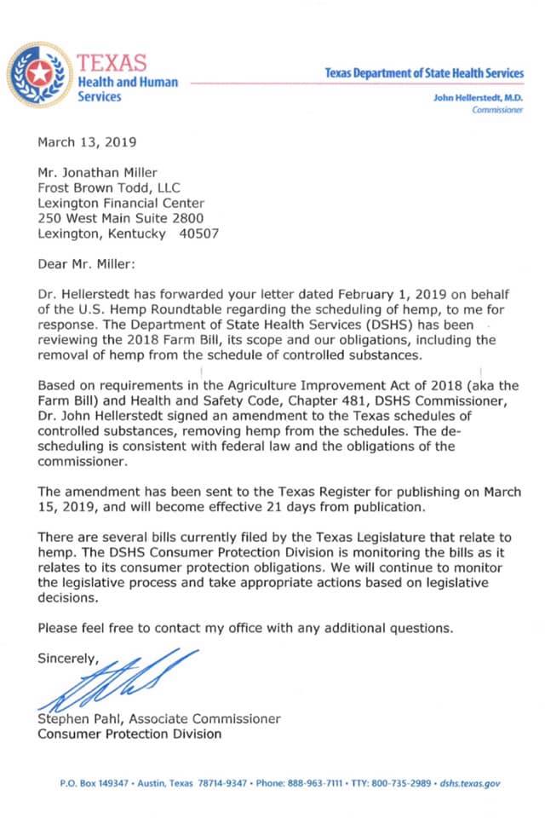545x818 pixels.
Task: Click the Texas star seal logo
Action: point(38,75)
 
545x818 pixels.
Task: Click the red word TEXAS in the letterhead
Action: point(111,62)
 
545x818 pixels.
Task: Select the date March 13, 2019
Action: point(86,141)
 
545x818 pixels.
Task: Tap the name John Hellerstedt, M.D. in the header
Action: point(479,98)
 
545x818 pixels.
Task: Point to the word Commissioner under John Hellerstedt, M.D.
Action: point(497,112)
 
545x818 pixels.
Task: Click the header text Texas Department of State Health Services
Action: point(424,73)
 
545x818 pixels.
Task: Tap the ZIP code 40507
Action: point(199,233)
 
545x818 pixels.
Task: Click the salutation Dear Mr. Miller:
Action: point(87,264)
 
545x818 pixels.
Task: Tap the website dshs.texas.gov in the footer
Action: point(470,781)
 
